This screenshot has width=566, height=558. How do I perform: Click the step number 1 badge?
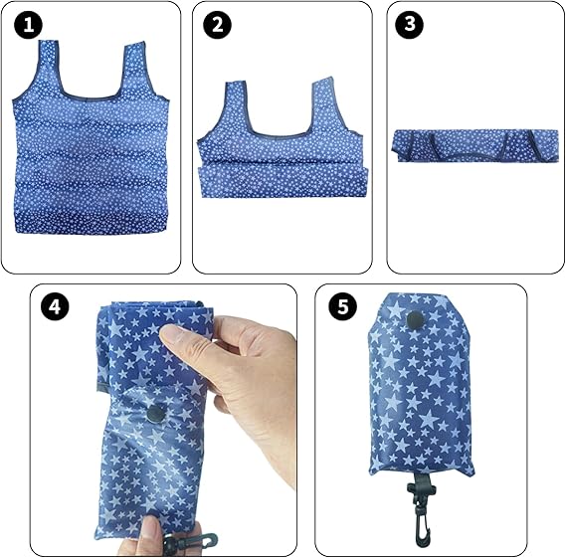point(28,25)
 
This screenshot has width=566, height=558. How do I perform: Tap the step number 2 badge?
point(217,25)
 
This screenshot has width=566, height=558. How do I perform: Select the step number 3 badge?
point(410,24)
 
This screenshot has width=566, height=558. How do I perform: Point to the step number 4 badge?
point(55,306)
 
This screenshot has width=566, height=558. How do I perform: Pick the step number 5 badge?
point(342,306)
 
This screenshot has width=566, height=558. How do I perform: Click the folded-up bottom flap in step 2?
point(283,180)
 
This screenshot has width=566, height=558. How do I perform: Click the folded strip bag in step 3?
point(477,145)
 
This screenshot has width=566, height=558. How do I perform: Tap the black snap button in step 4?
point(156,413)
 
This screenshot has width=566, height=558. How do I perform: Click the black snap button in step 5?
point(416,319)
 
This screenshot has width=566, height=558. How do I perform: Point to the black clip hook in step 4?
point(190,541)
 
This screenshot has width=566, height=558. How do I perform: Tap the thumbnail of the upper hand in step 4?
point(178,334)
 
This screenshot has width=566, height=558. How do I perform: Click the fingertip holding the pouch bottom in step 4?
point(149,530)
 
